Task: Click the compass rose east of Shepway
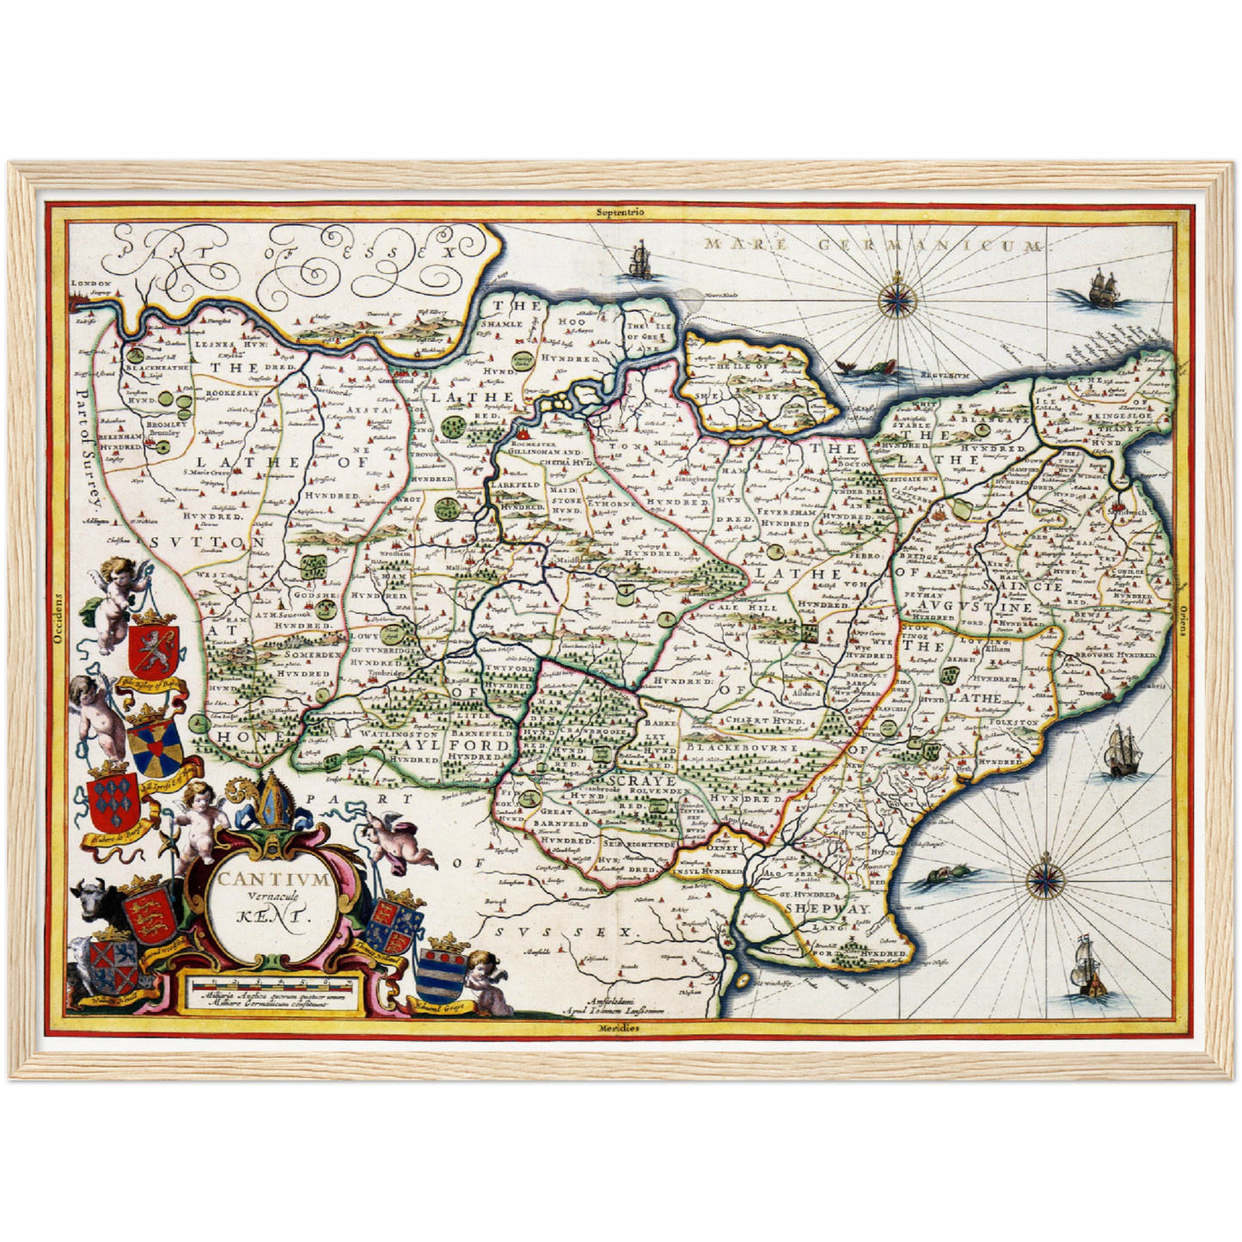(x=1045, y=880)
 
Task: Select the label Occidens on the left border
(x=58, y=621)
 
